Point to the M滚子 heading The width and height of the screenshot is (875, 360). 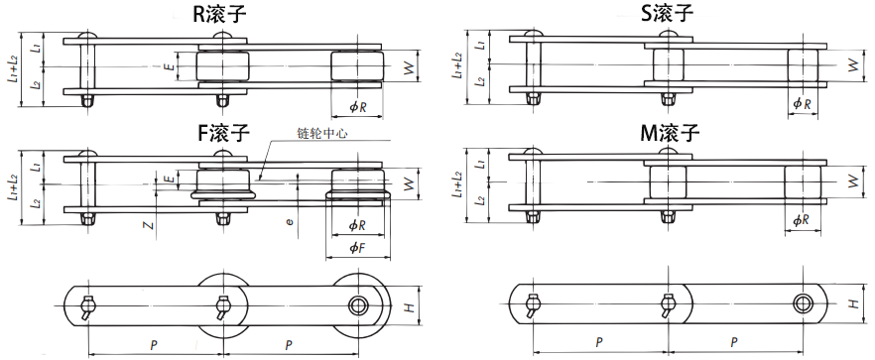[667, 132]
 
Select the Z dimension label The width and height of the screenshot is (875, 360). [148, 225]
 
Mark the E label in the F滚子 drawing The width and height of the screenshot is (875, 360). [168, 179]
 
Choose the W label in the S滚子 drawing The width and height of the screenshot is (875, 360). [852, 66]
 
